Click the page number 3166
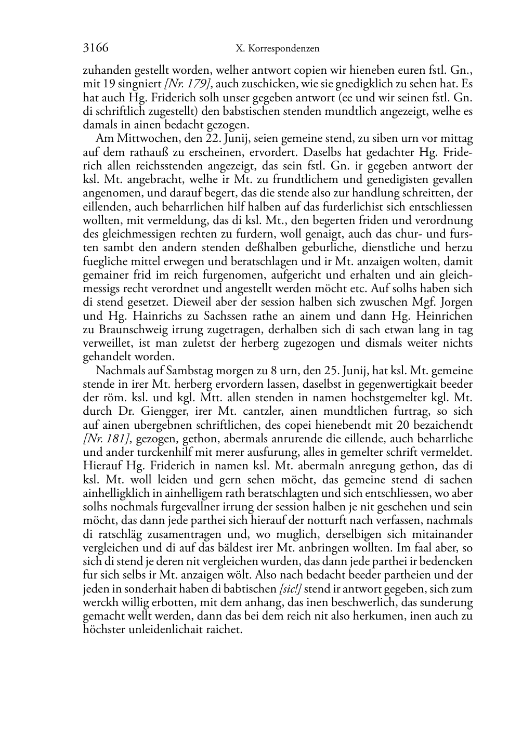[x=96, y=48]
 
